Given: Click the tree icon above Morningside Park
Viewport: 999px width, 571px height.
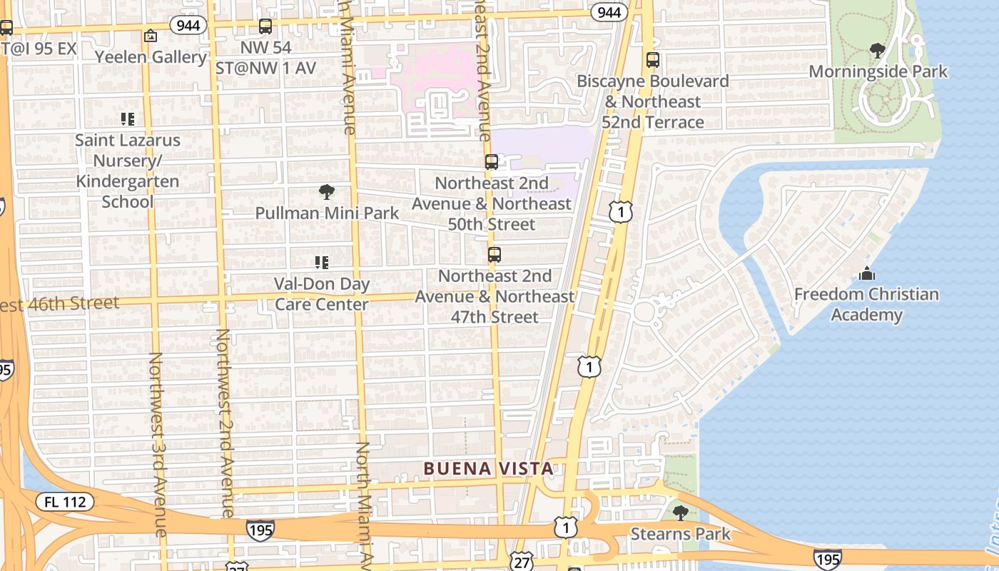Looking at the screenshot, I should click(x=878, y=51).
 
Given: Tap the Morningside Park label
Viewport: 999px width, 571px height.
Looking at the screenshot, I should click(x=878, y=71).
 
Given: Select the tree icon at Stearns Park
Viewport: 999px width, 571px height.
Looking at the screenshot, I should click(x=681, y=512).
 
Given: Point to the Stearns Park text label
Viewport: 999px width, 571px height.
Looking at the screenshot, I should click(x=681, y=534).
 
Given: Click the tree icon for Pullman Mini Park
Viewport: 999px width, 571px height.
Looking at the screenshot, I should click(x=327, y=191).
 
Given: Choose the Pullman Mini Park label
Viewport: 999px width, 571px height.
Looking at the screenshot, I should click(x=327, y=213).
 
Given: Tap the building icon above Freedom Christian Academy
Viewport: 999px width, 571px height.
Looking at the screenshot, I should click(x=867, y=273).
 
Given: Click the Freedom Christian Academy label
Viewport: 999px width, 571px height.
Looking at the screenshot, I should click(x=866, y=305).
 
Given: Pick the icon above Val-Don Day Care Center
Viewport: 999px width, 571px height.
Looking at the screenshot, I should click(x=322, y=263).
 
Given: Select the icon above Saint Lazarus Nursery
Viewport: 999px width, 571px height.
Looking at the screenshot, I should click(x=128, y=118).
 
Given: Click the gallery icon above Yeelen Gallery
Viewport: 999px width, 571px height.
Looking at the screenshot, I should click(x=151, y=35).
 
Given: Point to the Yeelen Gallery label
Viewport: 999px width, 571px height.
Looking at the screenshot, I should click(x=151, y=56).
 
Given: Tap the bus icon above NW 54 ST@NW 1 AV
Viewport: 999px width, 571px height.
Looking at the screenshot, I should click(x=265, y=26).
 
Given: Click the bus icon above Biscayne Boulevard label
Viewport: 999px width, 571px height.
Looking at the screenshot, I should click(x=652, y=60).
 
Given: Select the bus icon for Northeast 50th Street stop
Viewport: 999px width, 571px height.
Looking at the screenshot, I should click(x=492, y=162).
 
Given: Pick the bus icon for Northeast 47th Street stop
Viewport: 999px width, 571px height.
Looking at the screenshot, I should click(x=494, y=255).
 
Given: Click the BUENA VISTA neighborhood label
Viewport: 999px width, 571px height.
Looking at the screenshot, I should click(x=488, y=469).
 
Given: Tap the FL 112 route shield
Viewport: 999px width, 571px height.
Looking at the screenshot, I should click(x=65, y=502).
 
